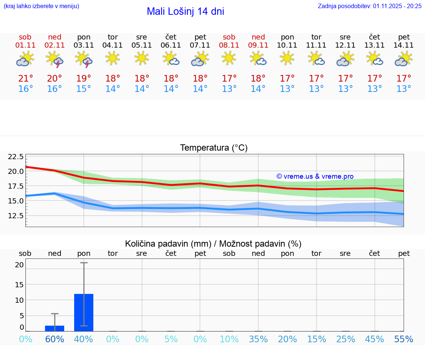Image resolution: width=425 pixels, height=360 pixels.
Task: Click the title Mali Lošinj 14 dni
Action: point(185,11)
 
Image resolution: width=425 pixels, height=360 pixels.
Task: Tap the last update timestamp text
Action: point(370,6)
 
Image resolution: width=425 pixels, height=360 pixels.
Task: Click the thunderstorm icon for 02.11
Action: point(55,59)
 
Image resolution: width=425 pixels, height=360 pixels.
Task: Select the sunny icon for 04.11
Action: point(113,58)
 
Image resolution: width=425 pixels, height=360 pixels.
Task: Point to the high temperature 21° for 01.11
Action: point(25,78)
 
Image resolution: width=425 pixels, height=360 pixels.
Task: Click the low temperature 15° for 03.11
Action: point(84,89)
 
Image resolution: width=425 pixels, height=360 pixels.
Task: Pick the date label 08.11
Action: point(229,45)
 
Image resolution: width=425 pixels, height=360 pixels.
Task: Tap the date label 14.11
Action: point(404,45)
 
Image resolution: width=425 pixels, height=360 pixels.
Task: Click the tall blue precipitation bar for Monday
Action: point(84,312)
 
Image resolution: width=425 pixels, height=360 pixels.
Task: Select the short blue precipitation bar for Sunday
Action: point(55,328)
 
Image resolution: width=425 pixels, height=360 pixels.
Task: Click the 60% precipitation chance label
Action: point(55,339)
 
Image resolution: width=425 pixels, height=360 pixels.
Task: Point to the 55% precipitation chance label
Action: point(404,339)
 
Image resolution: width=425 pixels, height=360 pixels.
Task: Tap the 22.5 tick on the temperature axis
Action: point(16,157)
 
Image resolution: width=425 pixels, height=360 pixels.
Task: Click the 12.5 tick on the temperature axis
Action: point(16,215)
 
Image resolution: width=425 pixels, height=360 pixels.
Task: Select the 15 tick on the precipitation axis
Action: point(19,284)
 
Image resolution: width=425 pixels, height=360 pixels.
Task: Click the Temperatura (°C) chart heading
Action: point(214,148)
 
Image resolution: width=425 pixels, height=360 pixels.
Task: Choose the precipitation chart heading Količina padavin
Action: point(213,244)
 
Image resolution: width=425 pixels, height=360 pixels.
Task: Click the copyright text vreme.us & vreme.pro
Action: point(315,176)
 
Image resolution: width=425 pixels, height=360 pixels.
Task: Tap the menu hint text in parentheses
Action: point(41,6)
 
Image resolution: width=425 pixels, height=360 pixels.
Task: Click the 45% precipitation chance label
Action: point(374,339)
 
